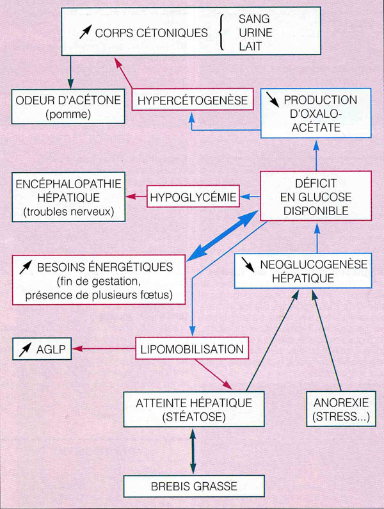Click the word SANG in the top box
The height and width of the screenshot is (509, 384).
coord(254,19)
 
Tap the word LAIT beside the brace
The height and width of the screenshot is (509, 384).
coord(250,47)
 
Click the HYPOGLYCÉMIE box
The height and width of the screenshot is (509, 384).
coord(193,197)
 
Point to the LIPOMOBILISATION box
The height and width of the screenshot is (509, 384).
coord(192,349)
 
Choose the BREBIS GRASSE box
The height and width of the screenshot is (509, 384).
coord(194,486)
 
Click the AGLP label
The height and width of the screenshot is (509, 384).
coord(51,350)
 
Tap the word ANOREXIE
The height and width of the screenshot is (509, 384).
coord(341,403)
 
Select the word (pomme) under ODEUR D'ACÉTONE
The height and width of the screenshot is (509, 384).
coord(68,114)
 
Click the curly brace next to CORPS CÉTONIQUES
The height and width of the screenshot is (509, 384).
coord(221,33)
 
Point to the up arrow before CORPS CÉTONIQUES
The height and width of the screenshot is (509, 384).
coord(86,32)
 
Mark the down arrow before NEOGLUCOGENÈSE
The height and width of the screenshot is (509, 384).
coord(248,264)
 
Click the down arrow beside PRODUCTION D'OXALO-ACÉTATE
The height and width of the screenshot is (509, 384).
coord(273,100)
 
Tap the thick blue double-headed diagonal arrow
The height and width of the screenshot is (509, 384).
coord(223,235)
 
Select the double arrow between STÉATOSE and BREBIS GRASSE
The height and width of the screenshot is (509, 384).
coord(193,451)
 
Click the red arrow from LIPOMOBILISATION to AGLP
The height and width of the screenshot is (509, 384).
coord(104,349)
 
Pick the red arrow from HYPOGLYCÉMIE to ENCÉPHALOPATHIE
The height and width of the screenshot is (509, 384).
coord(136,197)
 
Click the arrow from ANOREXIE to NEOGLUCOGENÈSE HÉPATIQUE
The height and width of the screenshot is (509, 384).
coord(326,340)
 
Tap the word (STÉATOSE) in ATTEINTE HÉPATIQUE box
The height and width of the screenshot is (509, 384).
coord(194,417)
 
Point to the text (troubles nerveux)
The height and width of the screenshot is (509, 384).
coord(68,212)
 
